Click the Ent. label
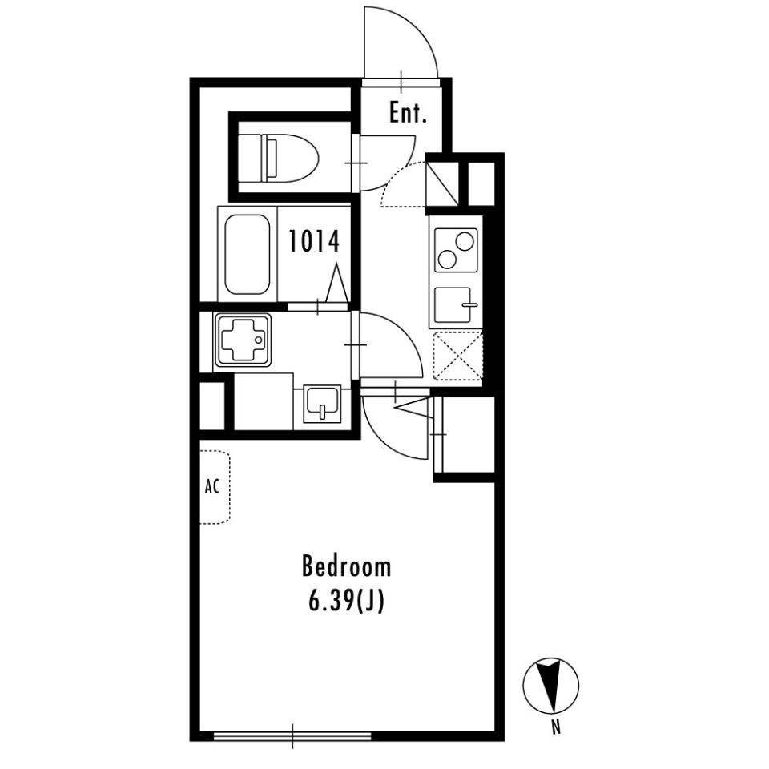pyautogui.click(x=408, y=114)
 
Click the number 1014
pyautogui.click(x=315, y=241)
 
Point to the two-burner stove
pyautogui.click(x=456, y=249)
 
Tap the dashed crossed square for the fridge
pyautogui.click(x=458, y=355)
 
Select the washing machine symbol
pyautogui.click(x=242, y=340)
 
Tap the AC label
pyautogui.click(x=212, y=487)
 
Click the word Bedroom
pyautogui.click(x=346, y=567)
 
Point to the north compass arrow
pyautogui.click(x=550, y=686)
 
